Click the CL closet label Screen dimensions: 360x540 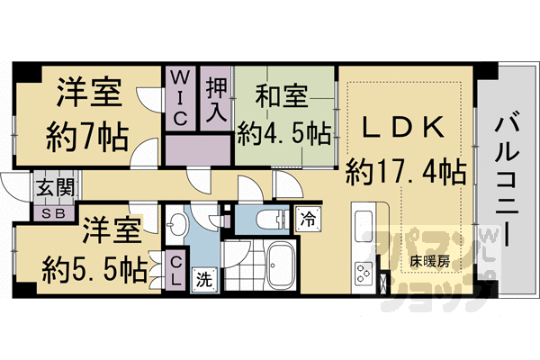[x=177, y=271]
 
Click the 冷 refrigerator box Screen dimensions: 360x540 [x=308, y=217]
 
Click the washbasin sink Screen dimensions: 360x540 [x=177, y=224]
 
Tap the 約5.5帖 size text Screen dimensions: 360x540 [x=95, y=266]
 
